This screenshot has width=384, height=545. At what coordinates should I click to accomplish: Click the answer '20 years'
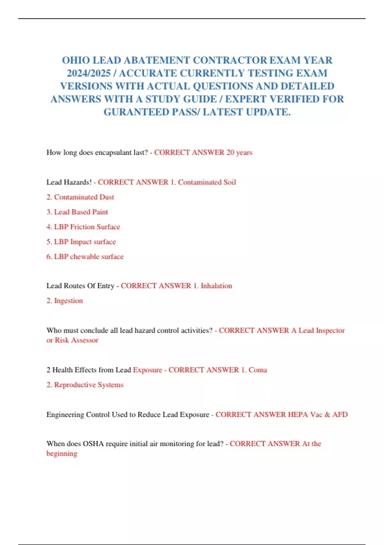point(239,153)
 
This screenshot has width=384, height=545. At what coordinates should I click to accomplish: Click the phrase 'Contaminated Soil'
point(207,182)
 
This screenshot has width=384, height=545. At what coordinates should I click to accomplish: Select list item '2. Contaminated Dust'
point(80,197)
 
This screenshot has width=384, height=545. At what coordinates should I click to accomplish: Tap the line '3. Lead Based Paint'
point(77,212)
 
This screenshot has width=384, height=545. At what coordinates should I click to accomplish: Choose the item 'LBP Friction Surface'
point(87,227)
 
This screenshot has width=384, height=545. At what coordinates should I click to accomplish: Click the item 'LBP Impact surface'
point(85,242)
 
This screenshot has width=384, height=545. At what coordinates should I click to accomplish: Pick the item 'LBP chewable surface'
point(89,257)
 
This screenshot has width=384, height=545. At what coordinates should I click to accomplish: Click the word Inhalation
point(216,286)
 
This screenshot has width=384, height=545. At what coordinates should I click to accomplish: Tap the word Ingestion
point(68,301)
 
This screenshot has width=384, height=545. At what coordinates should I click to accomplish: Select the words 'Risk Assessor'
point(76,340)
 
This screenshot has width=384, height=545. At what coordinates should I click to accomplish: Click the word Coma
point(258,370)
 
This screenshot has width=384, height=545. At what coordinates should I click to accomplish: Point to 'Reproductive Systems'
point(89,385)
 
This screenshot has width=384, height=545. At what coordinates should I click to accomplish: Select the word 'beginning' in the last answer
point(62,454)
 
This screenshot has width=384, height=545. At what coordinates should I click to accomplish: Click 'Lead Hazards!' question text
point(69,182)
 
